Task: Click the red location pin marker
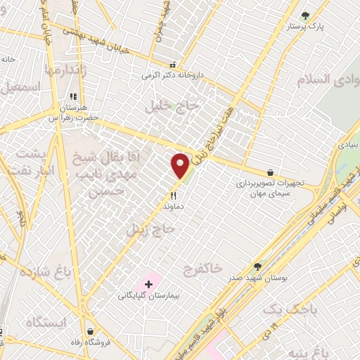click(x=181, y=166)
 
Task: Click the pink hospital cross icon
click(x=148, y=284)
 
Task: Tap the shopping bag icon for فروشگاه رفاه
click(x=91, y=330)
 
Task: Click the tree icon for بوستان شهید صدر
click(x=257, y=266)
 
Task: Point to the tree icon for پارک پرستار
click(x=304, y=15)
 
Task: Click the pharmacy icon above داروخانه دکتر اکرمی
click(x=171, y=64)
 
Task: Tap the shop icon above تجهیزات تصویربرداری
click(x=271, y=172)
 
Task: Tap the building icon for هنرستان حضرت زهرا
click(x=72, y=97)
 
